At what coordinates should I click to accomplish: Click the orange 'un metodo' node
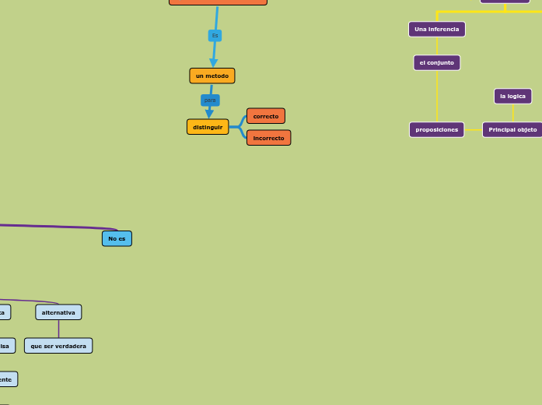(212, 76)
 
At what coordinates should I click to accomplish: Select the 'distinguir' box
(208, 127)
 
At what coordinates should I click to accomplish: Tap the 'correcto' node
(265, 116)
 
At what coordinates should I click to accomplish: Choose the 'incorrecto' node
(268, 138)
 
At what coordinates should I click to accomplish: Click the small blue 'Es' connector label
(215, 36)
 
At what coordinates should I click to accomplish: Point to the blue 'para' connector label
(210, 100)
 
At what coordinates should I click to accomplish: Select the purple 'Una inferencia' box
(436, 30)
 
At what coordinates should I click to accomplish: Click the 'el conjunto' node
(436, 62)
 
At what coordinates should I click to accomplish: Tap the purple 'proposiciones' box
(436, 130)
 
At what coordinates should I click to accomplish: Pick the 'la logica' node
(512, 96)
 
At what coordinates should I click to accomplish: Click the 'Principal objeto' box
(512, 130)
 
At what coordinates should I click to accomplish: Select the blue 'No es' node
(117, 238)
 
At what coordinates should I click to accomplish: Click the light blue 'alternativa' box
(58, 312)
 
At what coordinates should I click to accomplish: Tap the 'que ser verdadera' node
(58, 346)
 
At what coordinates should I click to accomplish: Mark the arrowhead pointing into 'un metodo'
(213, 63)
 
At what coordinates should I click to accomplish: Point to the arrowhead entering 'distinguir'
(209, 114)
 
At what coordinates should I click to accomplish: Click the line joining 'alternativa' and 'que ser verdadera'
(58, 329)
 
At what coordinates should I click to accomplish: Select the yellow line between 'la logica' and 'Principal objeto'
(512, 113)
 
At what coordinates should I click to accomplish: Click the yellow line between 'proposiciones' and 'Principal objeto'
(473, 129)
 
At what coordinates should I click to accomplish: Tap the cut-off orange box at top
(218, 2)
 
